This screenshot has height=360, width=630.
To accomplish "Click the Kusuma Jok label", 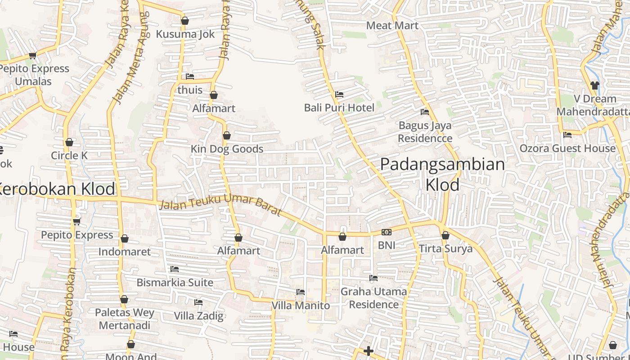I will click(185, 34).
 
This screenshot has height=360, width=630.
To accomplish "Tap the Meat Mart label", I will click(392, 26).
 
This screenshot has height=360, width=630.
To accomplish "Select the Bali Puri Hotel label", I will click(339, 108).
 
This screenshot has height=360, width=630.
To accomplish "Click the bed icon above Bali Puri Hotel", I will click(339, 94).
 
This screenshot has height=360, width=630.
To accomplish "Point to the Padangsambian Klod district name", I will click(442, 174).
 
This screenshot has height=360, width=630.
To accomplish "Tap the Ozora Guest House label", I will click(567, 148).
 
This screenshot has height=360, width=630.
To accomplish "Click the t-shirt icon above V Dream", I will click(594, 85).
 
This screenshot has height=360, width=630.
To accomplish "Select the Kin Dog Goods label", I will click(227, 149).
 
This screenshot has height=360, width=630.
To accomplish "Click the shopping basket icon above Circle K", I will click(69, 143).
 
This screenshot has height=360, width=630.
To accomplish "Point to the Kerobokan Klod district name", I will click(56, 189).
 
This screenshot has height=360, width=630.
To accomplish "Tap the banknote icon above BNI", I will click(386, 232).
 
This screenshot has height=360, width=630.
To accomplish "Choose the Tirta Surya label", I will click(445, 249).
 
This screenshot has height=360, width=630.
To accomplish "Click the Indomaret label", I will click(125, 252).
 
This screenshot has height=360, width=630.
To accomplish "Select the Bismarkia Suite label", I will click(175, 283).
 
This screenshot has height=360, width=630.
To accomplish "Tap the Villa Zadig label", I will click(198, 316).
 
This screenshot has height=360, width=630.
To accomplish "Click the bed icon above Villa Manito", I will click(301, 292).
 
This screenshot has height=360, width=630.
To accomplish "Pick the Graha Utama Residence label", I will click(373, 298).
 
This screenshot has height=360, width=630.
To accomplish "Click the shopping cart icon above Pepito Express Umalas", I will click(32, 56).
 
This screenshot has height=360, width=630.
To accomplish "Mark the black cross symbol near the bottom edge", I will click(369, 351).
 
